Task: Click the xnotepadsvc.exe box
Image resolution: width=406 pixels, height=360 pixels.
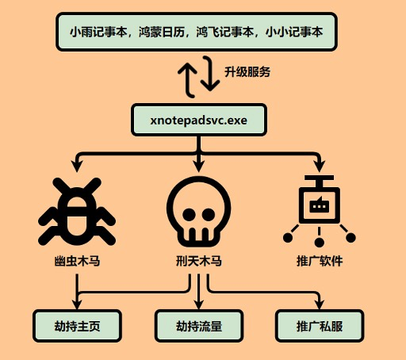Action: coord(199,120)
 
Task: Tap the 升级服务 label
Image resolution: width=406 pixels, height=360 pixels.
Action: coord(247,72)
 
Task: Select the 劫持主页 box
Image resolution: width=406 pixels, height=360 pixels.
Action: coord(77,326)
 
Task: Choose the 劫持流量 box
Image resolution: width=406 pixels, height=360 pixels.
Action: coord(199,326)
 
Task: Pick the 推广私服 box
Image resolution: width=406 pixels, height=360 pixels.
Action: coord(320,326)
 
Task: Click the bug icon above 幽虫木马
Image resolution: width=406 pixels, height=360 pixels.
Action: coord(77,212)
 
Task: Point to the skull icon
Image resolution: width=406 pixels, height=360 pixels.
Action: coord(199,212)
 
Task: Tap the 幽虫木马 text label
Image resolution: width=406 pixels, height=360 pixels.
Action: coord(77,261)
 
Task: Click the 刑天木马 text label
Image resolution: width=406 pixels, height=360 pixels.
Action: coord(199,261)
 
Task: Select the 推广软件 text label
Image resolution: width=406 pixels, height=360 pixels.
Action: coord(320,261)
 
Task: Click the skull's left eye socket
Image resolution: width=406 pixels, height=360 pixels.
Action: coord(189,214)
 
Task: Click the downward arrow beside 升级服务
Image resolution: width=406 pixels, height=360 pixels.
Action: coord(210,74)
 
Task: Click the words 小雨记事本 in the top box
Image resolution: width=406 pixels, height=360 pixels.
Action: coord(98,32)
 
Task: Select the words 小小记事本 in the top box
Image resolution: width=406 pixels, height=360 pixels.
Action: coord(293,32)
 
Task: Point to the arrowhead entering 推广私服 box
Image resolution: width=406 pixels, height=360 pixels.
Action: coord(320,304)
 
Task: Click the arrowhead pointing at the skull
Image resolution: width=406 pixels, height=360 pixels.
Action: coord(199,166)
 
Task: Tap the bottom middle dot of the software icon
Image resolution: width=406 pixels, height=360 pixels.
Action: coord(320,243)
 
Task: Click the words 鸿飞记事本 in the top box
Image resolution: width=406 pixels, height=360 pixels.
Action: coord(224,32)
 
